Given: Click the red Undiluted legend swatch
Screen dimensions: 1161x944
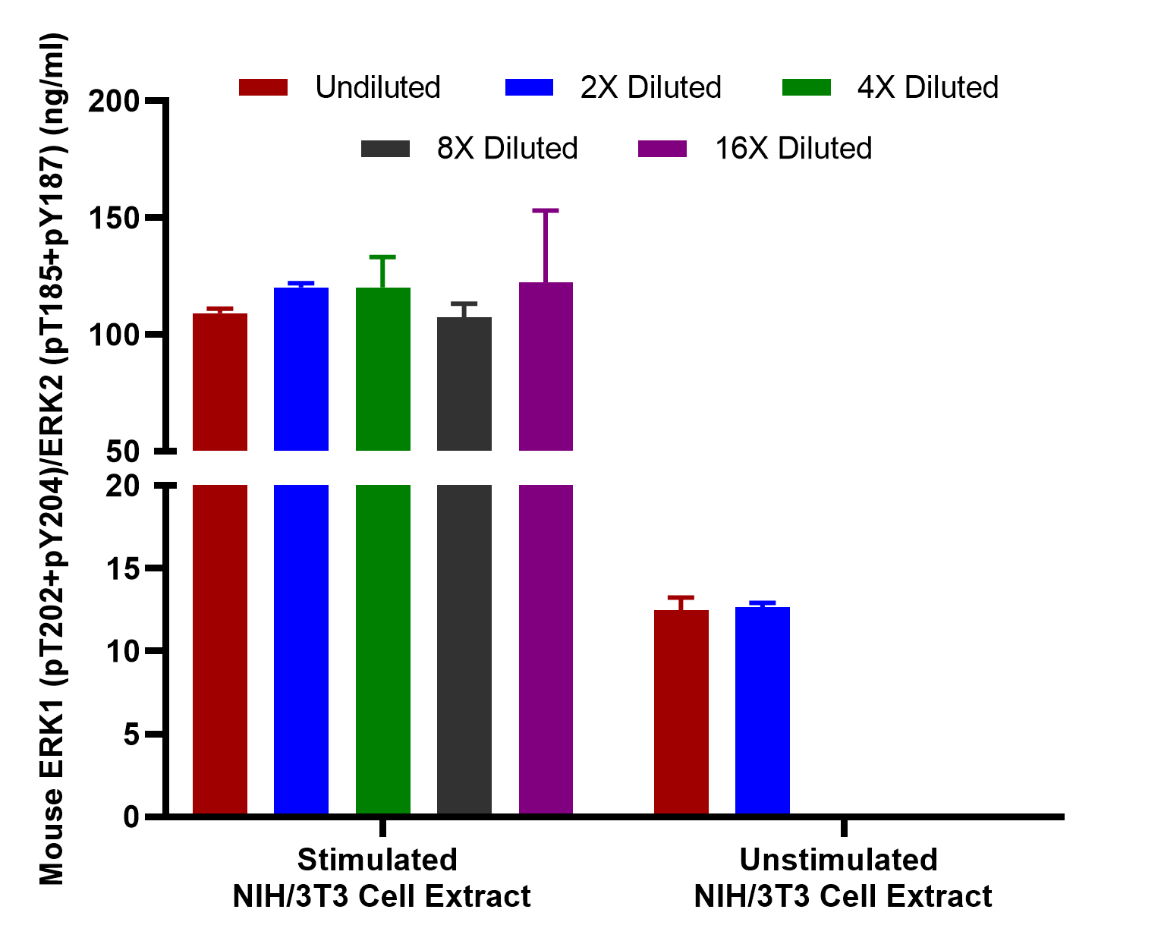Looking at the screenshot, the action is (263, 87).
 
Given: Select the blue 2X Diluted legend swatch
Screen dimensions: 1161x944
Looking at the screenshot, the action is (529, 87).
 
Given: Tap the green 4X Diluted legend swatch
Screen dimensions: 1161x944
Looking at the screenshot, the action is (806, 87).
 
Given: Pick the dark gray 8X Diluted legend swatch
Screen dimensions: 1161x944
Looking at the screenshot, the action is (385, 149).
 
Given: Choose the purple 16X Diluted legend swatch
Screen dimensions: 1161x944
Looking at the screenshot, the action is (662, 149).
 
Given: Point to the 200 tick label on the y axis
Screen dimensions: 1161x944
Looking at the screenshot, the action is (114, 102).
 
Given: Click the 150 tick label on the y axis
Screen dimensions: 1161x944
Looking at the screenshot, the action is (114, 219).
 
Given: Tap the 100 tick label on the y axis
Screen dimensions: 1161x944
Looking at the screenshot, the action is (114, 335).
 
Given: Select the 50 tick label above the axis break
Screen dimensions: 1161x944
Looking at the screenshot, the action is (123, 452).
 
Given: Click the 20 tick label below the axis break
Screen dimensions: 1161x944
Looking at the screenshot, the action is (123, 486).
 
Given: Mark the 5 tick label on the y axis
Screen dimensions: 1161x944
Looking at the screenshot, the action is (131, 734).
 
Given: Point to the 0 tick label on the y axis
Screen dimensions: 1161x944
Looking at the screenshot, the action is (131, 817).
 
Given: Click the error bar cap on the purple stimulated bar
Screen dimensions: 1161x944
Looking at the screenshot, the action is (545, 210).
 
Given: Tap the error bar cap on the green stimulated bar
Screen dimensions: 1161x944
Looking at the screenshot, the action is (382, 256).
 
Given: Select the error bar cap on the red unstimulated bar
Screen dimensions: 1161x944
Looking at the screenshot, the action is (681, 597).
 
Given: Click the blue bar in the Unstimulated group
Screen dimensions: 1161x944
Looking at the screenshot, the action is (762, 710).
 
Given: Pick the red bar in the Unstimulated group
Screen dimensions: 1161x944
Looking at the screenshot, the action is (681, 712).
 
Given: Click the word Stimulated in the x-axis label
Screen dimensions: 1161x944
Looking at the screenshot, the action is (377, 860).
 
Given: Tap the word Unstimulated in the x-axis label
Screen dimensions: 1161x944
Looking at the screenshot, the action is (838, 860).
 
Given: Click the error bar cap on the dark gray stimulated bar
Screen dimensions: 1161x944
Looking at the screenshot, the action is (464, 304).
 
